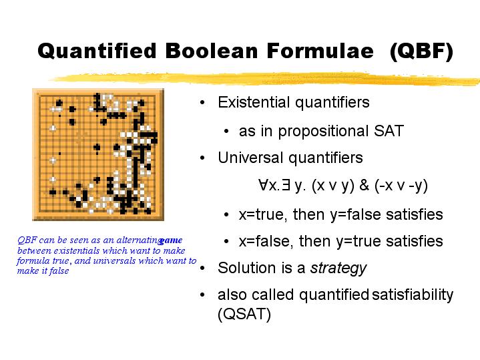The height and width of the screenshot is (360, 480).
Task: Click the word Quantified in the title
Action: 97,51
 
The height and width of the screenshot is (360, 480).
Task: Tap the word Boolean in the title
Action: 212,51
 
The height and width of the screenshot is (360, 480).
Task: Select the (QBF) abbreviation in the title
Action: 421,51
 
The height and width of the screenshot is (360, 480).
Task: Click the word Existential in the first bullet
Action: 254,102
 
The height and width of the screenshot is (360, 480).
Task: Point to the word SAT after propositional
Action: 389,131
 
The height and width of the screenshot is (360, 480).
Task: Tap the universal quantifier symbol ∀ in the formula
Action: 263,185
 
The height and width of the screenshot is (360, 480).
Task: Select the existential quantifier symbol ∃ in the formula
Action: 286,185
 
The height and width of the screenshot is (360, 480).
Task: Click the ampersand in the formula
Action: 365,185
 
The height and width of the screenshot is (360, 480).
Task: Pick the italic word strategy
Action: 338,268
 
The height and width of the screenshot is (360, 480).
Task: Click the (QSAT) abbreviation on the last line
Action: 244,314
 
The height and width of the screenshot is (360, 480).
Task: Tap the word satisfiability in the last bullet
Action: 413,295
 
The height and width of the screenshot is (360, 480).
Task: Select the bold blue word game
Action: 170,240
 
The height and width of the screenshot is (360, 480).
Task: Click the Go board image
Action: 98,154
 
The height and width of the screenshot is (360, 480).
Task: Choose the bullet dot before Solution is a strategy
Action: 202,268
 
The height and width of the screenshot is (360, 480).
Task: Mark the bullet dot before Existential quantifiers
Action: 202,103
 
